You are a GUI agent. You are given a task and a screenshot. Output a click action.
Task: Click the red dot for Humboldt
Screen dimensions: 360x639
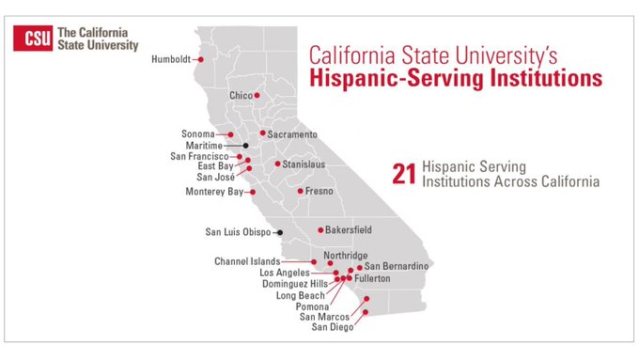pyautogui.click(x=200, y=59)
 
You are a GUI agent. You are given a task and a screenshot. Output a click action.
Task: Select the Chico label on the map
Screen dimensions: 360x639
pyautogui.click(x=242, y=96)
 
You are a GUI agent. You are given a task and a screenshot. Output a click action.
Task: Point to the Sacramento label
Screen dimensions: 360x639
pyautogui.click(x=292, y=134)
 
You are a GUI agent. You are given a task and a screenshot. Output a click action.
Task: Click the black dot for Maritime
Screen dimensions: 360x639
pyautogui.click(x=245, y=146)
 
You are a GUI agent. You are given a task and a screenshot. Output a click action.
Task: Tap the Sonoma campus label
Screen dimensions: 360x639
pyautogui.click(x=198, y=134)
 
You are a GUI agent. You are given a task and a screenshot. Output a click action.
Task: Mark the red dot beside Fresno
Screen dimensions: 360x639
pyautogui.click(x=300, y=191)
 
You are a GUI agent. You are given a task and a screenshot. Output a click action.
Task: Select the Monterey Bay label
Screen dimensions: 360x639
pyautogui.click(x=214, y=192)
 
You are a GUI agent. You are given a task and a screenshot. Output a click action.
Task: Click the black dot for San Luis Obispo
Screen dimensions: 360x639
pyautogui.click(x=280, y=231)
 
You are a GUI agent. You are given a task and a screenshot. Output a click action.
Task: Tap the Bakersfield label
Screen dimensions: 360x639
pyautogui.click(x=349, y=229)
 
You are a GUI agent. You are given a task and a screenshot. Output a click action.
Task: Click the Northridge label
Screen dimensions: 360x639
pyautogui.click(x=347, y=255)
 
